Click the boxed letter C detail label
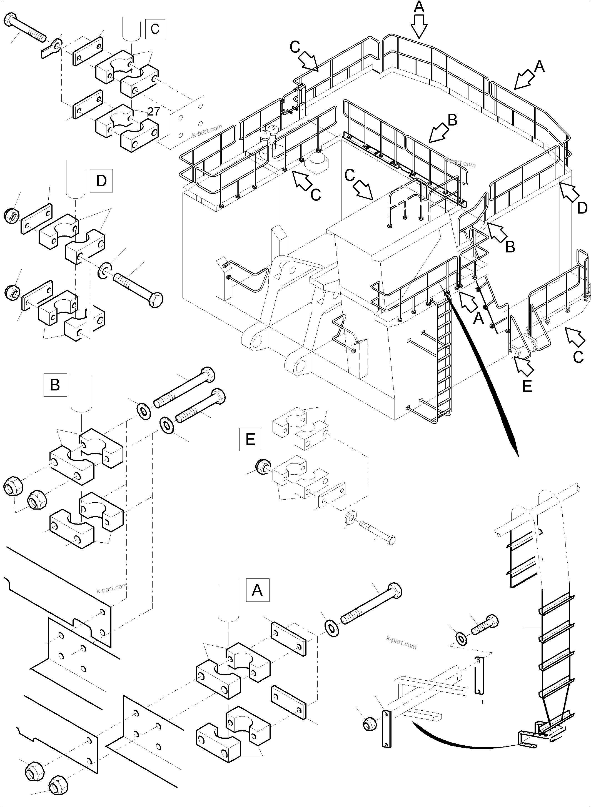coord(155,29)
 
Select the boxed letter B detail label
coord(55,385)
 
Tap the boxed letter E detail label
coord(250,439)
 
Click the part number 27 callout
coord(153,112)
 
